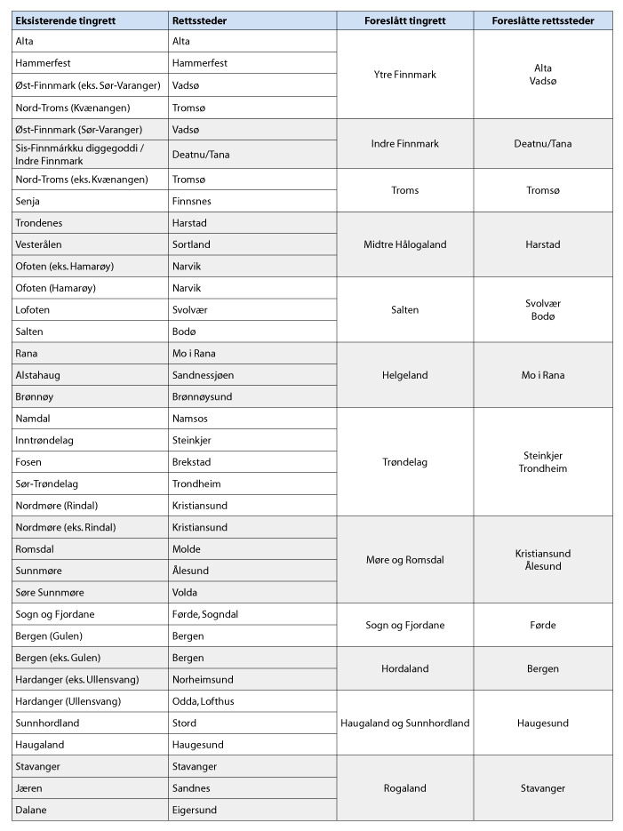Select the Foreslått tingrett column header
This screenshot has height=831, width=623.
point(404,20)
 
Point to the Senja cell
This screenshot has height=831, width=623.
point(28,201)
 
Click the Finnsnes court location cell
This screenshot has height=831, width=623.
point(191,201)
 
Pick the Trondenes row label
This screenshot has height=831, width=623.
point(37,223)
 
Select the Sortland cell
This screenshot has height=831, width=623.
point(191,244)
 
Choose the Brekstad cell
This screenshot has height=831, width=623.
point(192,462)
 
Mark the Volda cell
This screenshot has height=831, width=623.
point(184,593)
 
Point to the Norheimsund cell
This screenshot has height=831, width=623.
point(203,680)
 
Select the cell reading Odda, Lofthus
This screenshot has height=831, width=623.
point(204,701)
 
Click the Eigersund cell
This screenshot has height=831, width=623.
point(195,810)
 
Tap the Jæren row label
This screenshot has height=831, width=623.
point(28,788)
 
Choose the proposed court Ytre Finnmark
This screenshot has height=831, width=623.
point(404,75)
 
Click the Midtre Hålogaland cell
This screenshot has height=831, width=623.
point(404,244)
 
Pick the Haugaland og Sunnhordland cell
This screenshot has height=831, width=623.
point(404,723)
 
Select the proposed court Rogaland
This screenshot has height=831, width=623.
point(404,788)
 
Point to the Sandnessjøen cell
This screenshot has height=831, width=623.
point(202,375)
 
